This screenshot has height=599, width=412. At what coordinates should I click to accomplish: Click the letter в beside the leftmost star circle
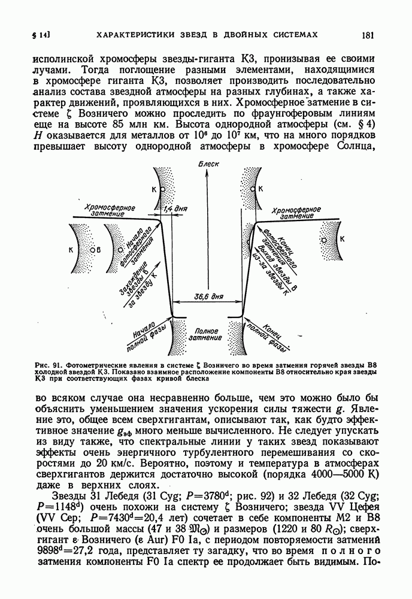pos(99,249)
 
